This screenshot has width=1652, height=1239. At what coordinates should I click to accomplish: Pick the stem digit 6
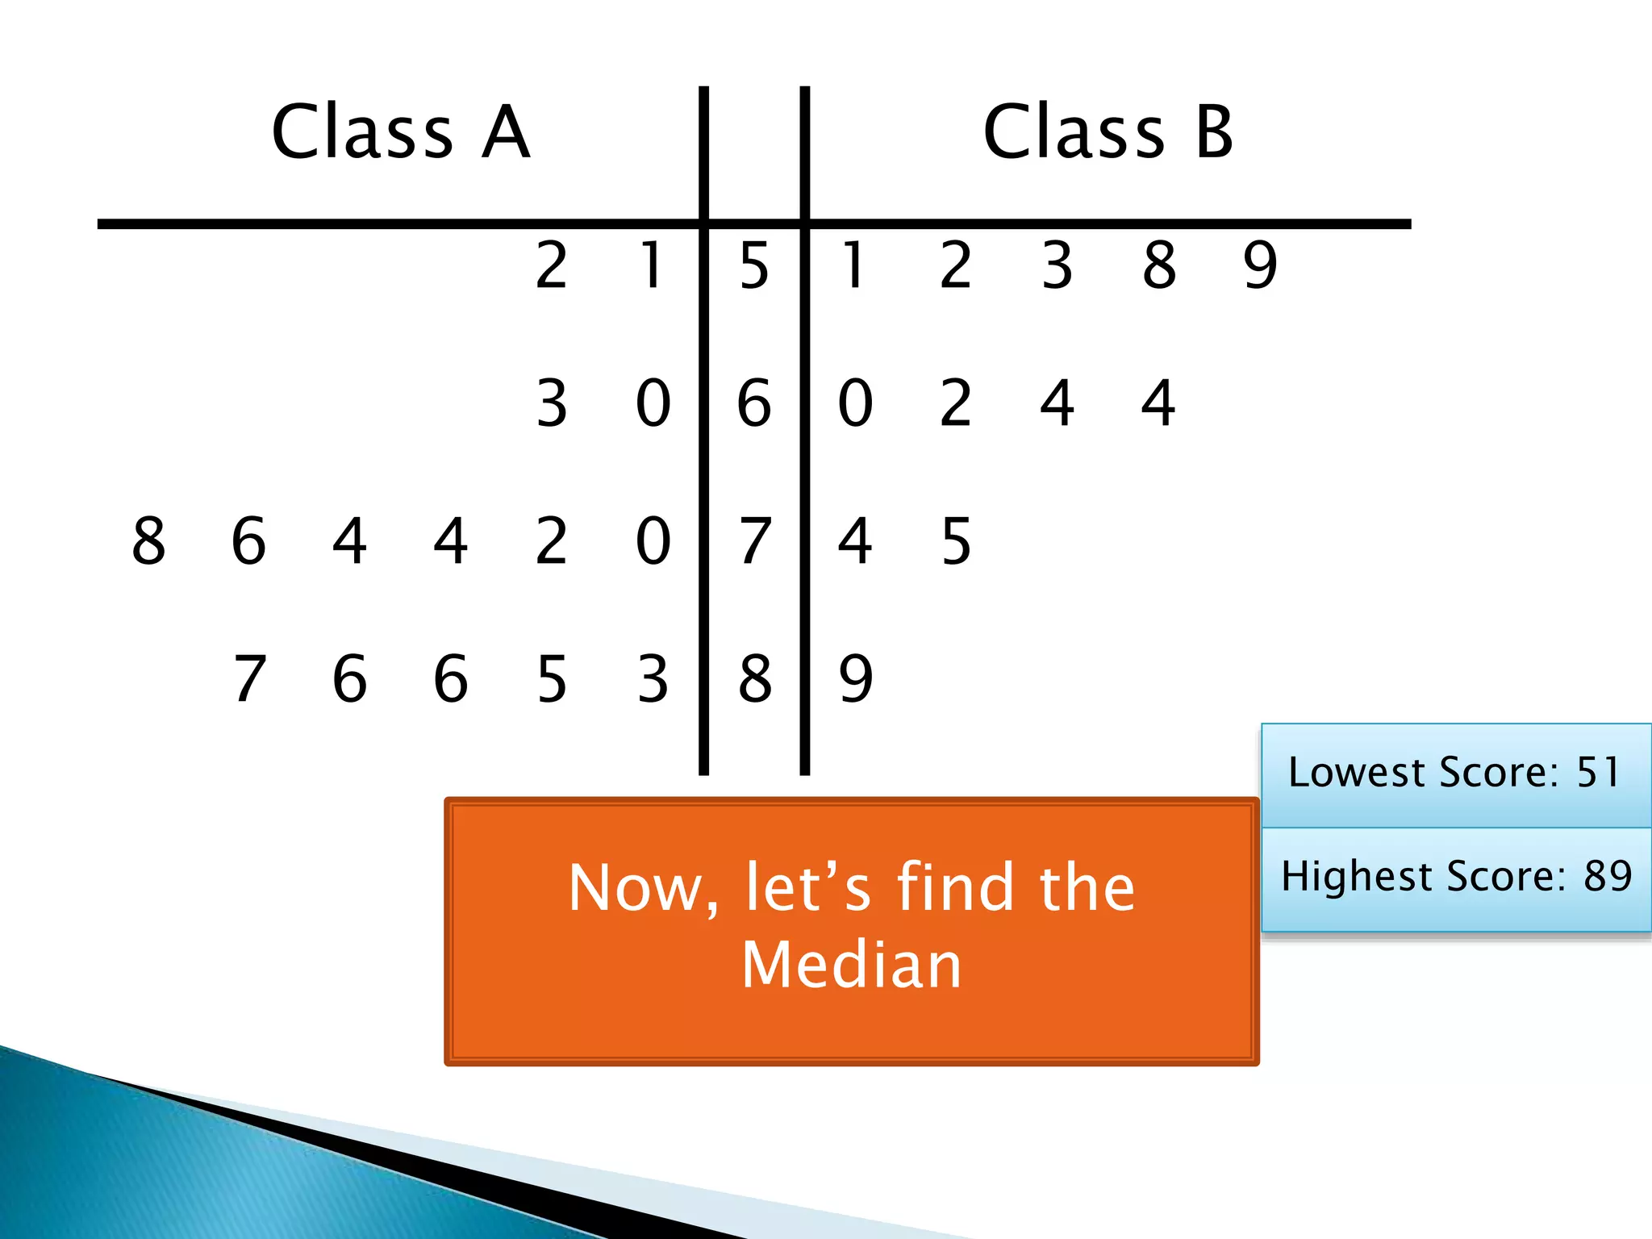(x=754, y=403)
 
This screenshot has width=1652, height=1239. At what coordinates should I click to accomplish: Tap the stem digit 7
(x=754, y=540)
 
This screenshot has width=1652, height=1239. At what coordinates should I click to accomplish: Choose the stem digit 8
(x=754, y=678)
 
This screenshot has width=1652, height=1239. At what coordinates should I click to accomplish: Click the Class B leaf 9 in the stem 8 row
(x=856, y=678)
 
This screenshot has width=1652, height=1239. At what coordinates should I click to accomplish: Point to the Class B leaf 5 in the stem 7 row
(x=957, y=540)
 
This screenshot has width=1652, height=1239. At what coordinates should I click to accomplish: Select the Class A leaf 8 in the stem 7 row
(x=148, y=540)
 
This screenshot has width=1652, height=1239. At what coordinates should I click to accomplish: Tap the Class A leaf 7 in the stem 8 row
(x=249, y=678)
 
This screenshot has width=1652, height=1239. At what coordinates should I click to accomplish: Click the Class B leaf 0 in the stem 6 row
(x=856, y=403)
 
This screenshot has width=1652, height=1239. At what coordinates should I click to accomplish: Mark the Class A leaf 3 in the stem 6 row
(x=552, y=403)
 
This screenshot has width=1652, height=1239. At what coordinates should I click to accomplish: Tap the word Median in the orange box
(x=852, y=965)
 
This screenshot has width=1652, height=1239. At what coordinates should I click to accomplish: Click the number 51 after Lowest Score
(x=1598, y=772)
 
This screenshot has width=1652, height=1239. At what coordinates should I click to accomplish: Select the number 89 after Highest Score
(x=1608, y=876)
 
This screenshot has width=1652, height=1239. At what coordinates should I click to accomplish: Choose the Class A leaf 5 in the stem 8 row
(x=552, y=678)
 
